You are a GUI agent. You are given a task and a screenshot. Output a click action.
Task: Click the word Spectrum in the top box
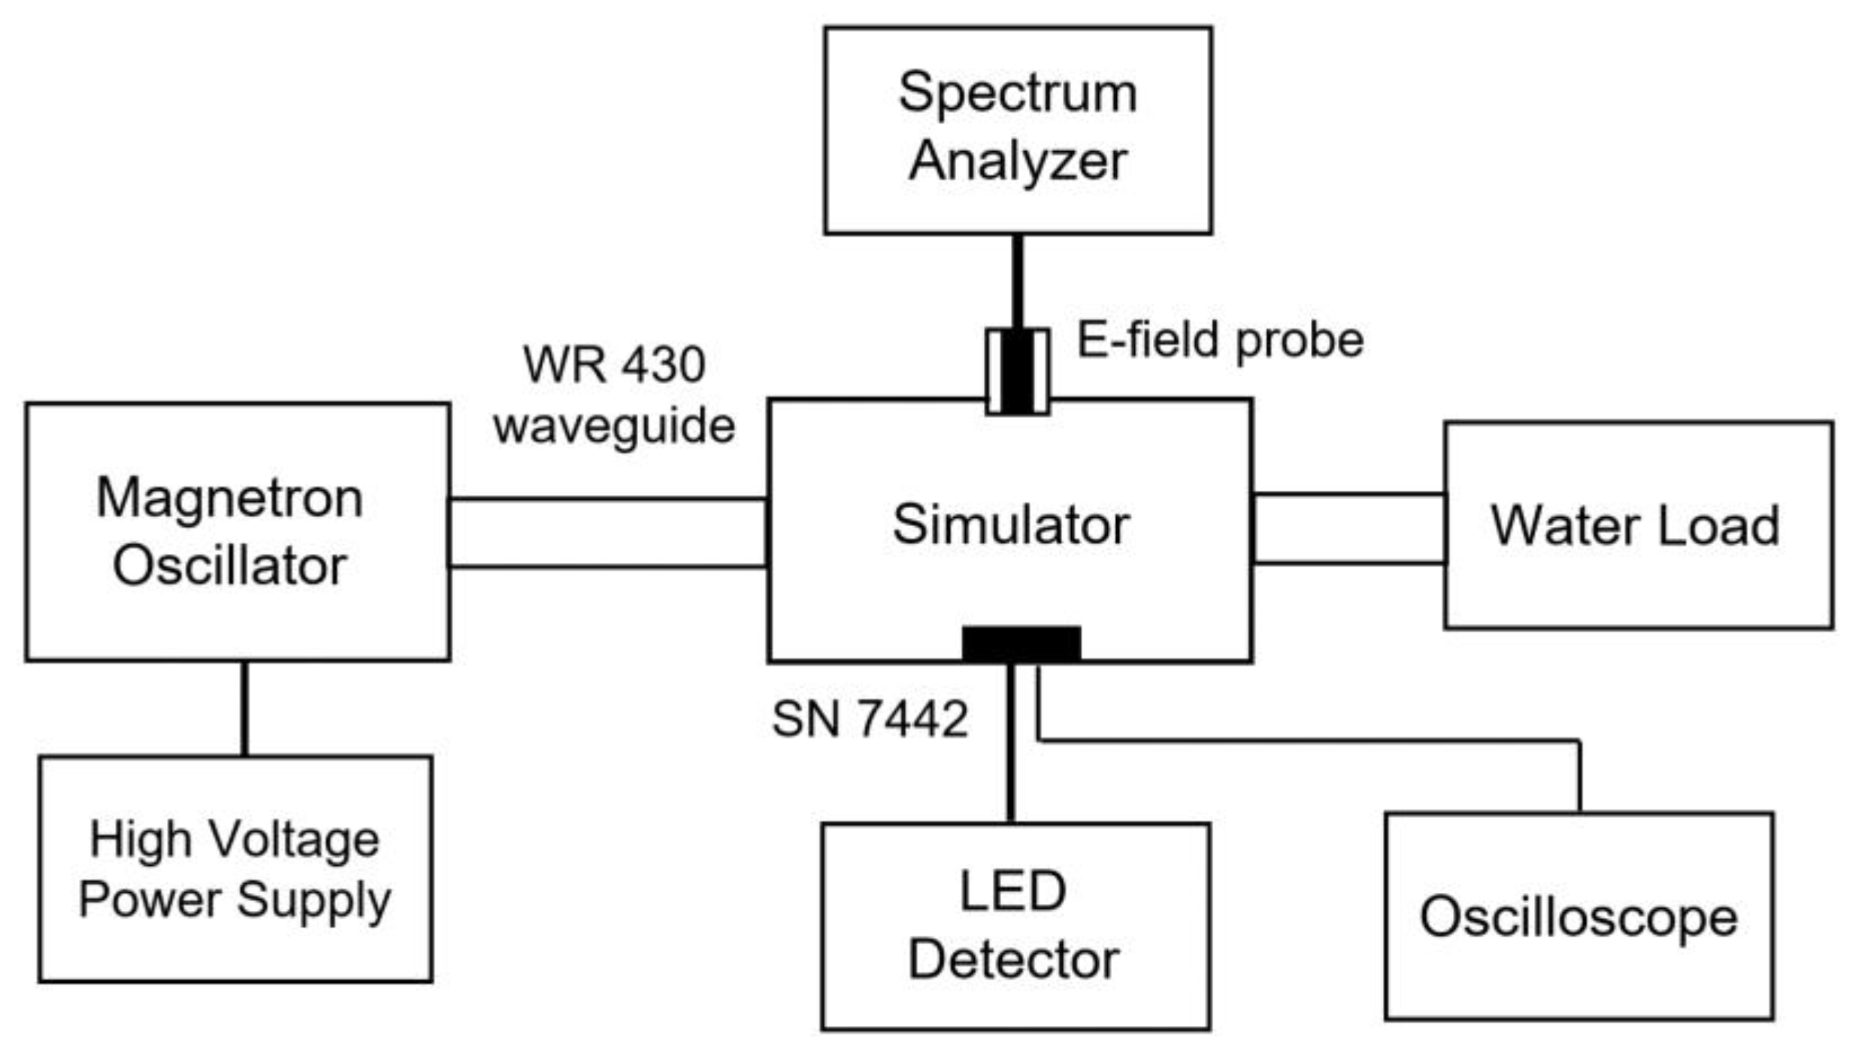pos(1017,93)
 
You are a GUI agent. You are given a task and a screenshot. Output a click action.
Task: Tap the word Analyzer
pos(1017,161)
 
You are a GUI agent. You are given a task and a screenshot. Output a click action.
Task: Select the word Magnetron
pos(229,498)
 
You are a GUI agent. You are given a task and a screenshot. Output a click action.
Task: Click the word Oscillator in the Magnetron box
pos(229,566)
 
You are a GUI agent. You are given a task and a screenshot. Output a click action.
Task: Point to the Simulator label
pos(1010,525)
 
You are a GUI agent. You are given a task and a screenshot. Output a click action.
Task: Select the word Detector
pos(1013,959)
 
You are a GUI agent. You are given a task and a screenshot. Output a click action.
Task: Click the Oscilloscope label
pos(1578,917)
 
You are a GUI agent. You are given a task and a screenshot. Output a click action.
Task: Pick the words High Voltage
pos(234,839)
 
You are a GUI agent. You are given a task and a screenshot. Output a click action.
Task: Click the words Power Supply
pos(234,900)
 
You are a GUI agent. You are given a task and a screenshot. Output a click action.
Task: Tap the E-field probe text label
pos(1220,340)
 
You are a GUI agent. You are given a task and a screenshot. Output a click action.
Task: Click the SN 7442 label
pos(870,719)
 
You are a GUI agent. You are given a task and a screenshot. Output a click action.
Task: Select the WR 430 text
pos(613,365)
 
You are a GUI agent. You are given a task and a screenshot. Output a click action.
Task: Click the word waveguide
pos(613,426)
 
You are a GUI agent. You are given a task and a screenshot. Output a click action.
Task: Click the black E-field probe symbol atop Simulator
pos(1017,372)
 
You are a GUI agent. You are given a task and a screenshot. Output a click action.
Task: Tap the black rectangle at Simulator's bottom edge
pos(1021,644)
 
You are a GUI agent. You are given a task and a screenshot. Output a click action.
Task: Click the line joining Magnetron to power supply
pos(244,708)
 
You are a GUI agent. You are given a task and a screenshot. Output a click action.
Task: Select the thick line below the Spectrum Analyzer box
pos(1017,281)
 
